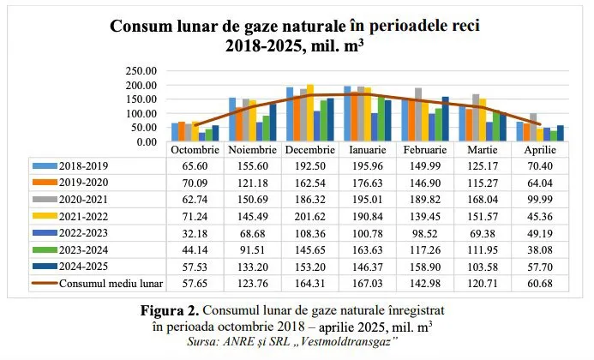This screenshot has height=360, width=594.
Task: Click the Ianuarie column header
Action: [369, 149]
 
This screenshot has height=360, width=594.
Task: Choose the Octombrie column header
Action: [194, 149]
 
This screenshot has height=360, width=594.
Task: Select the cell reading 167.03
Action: [369, 279]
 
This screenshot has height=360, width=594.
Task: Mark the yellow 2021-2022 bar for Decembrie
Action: [310, 113]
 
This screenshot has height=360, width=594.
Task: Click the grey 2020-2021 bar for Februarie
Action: [418, 115]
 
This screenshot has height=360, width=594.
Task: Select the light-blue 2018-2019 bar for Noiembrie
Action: [232, 120]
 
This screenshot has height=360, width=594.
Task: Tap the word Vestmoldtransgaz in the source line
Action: [368, 341]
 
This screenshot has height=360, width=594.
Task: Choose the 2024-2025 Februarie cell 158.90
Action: [428, 263]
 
